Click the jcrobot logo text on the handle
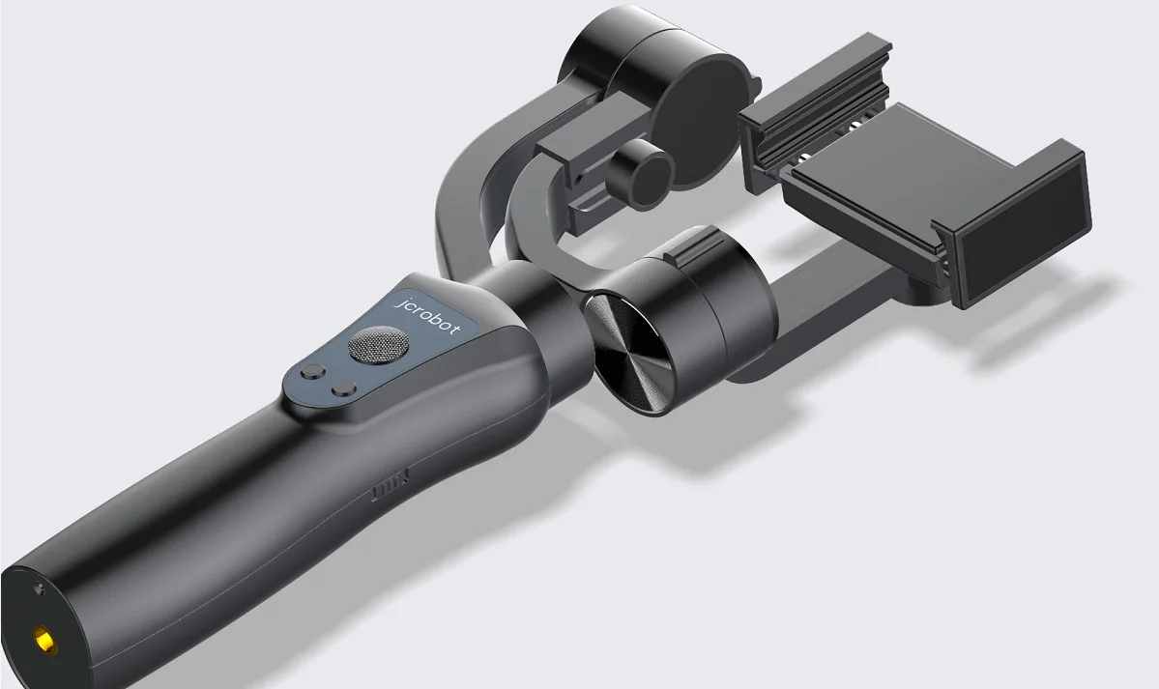tap(430, 314)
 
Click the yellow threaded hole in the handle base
tap(44, 638)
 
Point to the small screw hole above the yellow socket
tap(38, 589)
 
